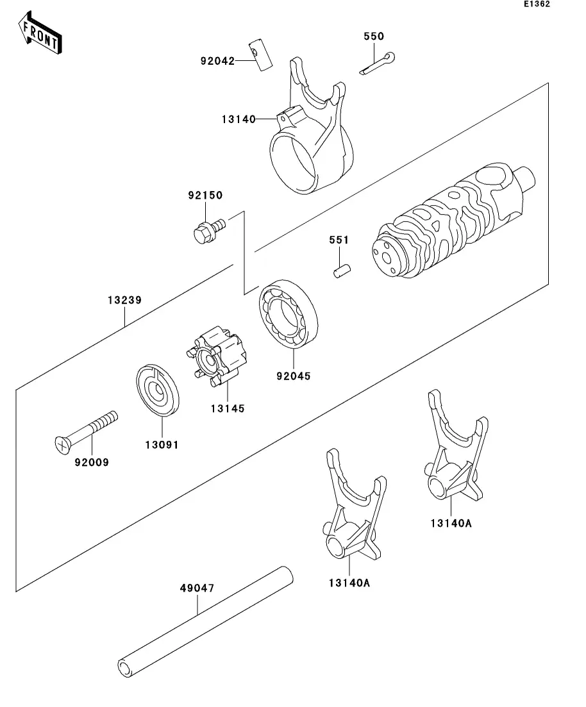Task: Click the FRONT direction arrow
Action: pyautogui.click(x=40, y=33)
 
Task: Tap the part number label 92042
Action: pyautogui.click(x=217, y=61)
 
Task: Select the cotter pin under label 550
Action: pyautogui.click(x=378, y=63)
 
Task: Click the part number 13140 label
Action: pyautogui.click(x=239, y=119)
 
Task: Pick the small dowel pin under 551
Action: pyautogui.click(x=342, y=271)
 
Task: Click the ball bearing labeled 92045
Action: pyautogui.click(x=289, y=314)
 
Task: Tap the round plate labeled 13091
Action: pyautogui.click(x=158, y=390)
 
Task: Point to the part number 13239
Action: pyautogui.click(x=124, y=300)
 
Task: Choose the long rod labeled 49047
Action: pyautogui.click(x=206, y=621)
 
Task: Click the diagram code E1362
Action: pyautogui.click(x=537, y=4)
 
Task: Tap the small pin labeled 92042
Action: pyautogui.click(x=260, y=56)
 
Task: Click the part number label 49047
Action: pyautogui.click(x=197, y=588)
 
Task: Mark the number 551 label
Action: pyautogui.click(x=339, y=240)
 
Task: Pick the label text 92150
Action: pyautogui.click(x=205, y=195)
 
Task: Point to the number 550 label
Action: pyautogui.click(x=374, y=36)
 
